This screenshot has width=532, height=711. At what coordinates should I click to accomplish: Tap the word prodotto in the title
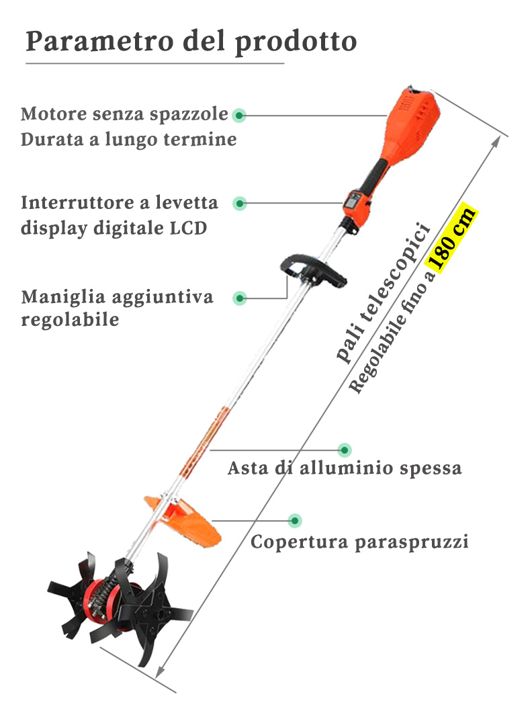tap(296, 42)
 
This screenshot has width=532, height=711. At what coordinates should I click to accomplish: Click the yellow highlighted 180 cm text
tap(453, 239)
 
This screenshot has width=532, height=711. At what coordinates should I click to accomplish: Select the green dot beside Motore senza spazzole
tap(239, 116)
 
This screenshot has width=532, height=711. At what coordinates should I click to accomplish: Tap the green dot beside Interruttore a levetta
tap(240, 202)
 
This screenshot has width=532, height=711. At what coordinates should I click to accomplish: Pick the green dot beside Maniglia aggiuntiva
tap(240, 298)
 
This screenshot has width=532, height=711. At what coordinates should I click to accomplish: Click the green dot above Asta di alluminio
tap(345, 449)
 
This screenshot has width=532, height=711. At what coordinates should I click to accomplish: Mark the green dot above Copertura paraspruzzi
tap(294, 520)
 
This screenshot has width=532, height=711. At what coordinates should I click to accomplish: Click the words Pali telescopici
tap(382, 292)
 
